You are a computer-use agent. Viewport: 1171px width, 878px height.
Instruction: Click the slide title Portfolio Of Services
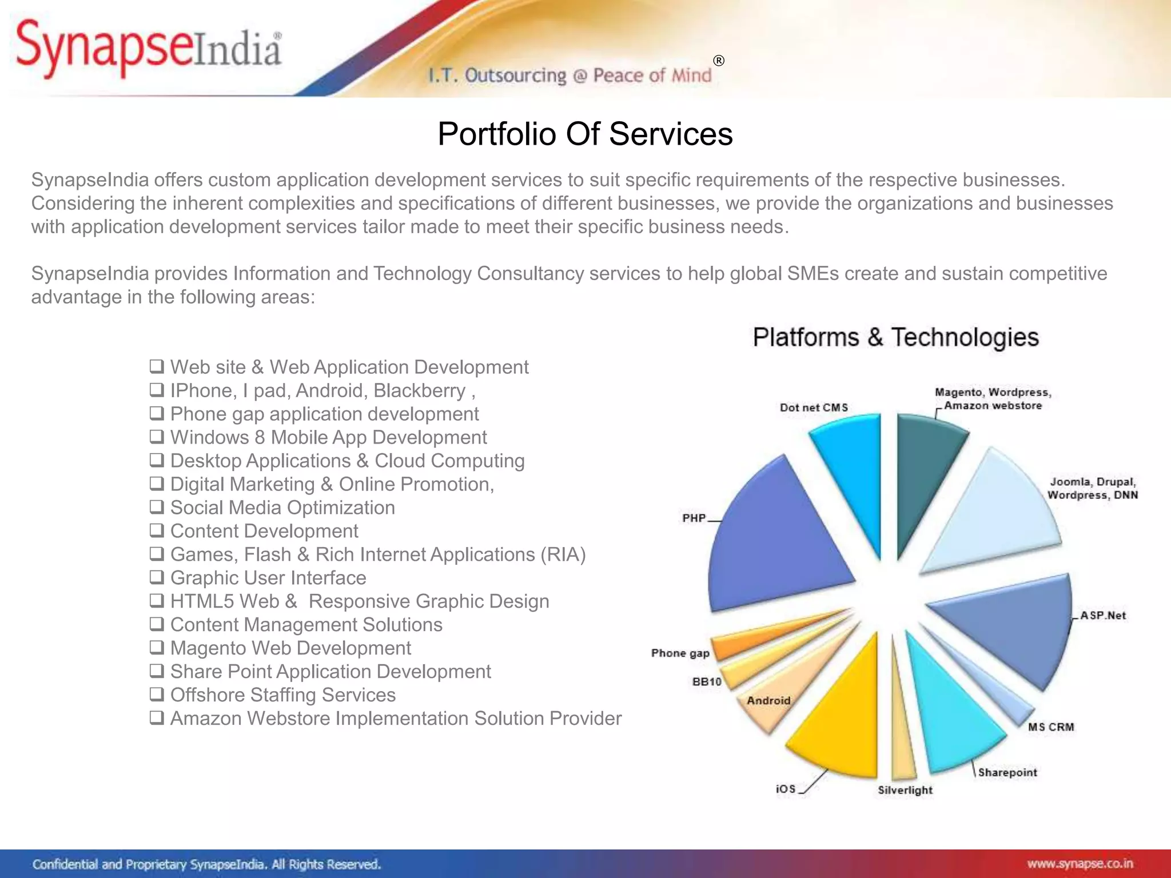[x=585, y=134]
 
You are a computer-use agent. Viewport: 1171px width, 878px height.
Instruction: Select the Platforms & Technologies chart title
[x=895, y=337]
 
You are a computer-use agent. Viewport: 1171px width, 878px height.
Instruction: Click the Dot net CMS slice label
[x=814, y=408]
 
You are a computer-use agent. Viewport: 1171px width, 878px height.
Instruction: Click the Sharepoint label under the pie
[x=1007, y=772]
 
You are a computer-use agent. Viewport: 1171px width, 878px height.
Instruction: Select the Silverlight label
[x=905, y=790]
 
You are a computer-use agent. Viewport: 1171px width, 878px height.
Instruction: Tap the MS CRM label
[x=1051, y=727]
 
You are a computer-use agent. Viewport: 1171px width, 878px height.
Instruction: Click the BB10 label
[x=707, y=681]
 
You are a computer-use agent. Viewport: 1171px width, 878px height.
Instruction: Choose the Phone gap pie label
[x=680, y=653]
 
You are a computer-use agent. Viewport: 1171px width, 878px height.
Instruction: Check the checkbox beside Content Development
[x=157, y=530]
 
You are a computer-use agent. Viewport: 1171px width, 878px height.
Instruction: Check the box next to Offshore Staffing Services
[x=157, y=695]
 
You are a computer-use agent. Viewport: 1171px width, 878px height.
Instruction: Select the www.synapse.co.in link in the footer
[x=1080, y=864]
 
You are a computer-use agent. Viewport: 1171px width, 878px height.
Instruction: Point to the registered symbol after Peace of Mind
[x=719, y=61]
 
